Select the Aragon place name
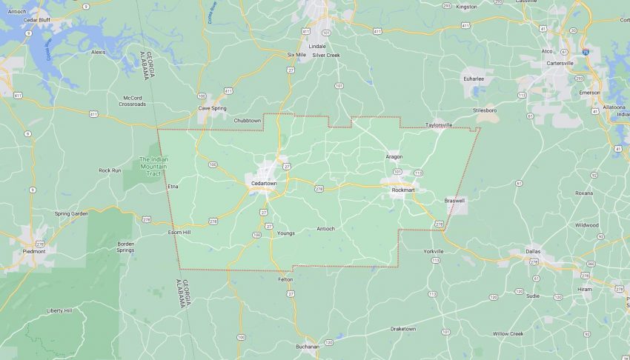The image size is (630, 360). [394, 157]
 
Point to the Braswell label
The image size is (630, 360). [454, 201]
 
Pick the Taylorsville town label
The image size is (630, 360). [438, 125]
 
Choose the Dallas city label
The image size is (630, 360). [534, 252]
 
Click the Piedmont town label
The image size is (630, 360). [34, 252]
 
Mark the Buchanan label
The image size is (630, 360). [305, 346]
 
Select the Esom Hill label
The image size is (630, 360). [179, 233]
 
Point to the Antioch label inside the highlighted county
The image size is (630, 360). [325, 228]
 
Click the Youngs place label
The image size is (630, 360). [285, 233]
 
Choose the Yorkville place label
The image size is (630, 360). [433, 252]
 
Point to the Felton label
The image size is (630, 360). [285, 279]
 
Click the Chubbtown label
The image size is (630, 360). [248, 120]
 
